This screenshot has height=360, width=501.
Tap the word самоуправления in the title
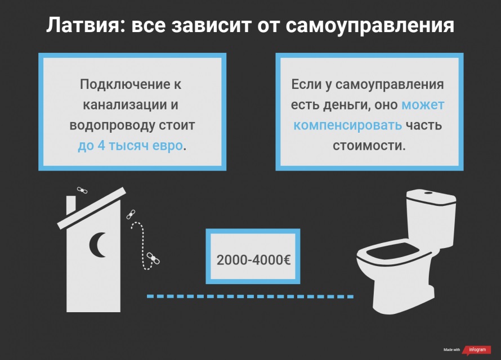(x=370, y=26)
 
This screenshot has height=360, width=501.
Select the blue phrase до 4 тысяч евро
(x=131, y=146)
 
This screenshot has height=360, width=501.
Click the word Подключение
(x=125, y=84)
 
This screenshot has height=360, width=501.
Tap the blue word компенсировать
(x=348, y=125)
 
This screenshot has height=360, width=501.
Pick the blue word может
(x=423, y=105)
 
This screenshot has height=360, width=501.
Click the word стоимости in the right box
(x=369, y=146)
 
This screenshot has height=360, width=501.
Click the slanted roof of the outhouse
(x=91, y=208)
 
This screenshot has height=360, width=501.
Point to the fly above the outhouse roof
(x=82, y=191)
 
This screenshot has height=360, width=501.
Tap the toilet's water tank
(x=431, y=217)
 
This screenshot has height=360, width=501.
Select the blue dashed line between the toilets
(x=250, y=296)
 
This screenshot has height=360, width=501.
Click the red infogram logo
(x=477, y=350)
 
